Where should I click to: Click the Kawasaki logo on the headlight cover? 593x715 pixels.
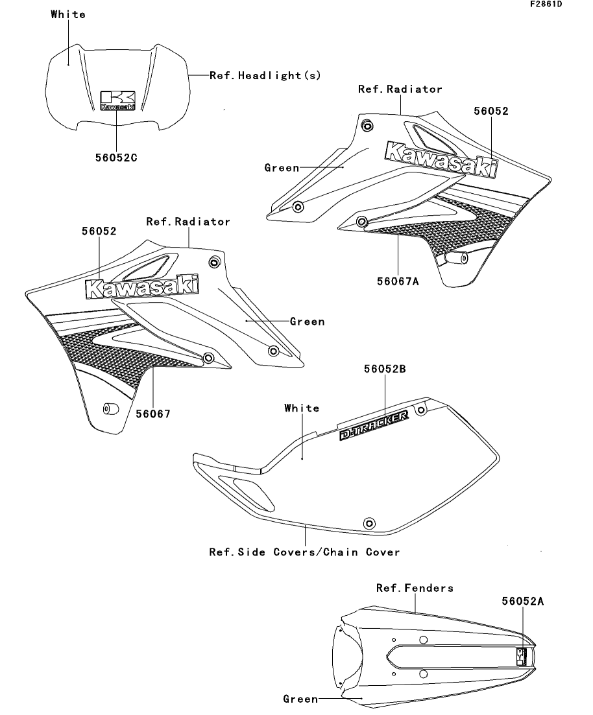(x=118, y=100)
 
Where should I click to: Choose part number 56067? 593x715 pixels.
(x=153, y=413)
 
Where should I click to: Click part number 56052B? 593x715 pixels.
(x=385, y=369)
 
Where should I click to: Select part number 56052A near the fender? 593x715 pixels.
(x=522, y=601)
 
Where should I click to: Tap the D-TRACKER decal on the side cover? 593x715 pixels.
(x=375, y=426)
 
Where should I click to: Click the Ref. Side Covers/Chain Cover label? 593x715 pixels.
(x=304, y=552)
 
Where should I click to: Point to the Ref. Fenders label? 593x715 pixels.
(x=415, y=588)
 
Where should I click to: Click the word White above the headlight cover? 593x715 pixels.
(x=68, y=14)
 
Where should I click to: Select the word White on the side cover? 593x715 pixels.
(x=302, y=408)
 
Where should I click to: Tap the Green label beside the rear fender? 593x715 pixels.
(x=300, y=699)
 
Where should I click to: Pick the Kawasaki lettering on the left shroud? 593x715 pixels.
(x=142, y=287)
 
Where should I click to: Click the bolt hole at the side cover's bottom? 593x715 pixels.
(x=370, y=522)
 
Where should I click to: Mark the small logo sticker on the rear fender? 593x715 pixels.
(x=521, y=657)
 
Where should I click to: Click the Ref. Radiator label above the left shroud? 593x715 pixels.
(x=188, y=222)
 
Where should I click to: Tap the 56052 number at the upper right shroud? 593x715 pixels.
(x=490, y=111)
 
